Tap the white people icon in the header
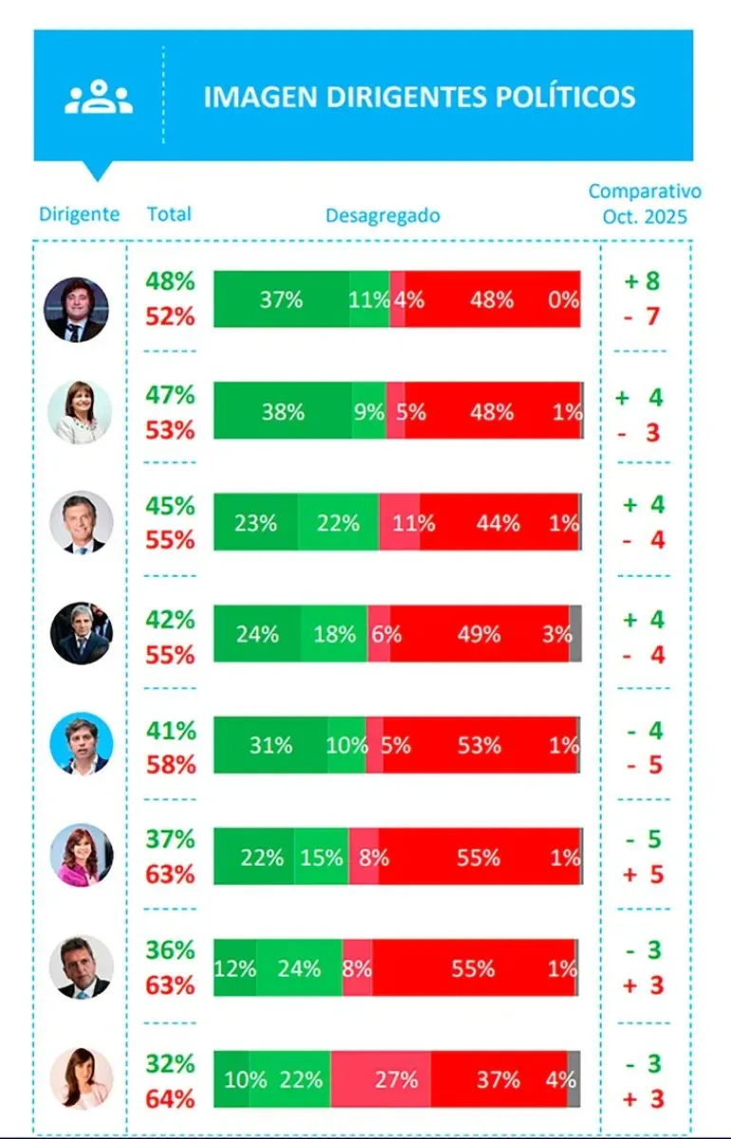tap(99, 97)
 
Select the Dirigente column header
tap(80, 214)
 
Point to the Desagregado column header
tap(383, 215)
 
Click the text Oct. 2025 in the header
tap(645, 215)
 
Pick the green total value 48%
tap(170, 281)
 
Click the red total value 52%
tap(170, 316)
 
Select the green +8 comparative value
tap(642, 281)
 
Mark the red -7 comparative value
tap(642, 316)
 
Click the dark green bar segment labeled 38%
tap(283, 411)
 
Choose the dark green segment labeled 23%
tap(255, 522)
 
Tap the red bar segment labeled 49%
tap(478, 633)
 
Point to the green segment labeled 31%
tap(271, 745)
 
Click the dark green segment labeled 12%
tap(234, 968)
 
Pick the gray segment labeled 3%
tap(575, 633)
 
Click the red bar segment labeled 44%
tap(498, 522)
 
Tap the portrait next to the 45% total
tap(81, 522)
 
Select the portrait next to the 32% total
tap(81, 1079)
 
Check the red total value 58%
tap(170, 764)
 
